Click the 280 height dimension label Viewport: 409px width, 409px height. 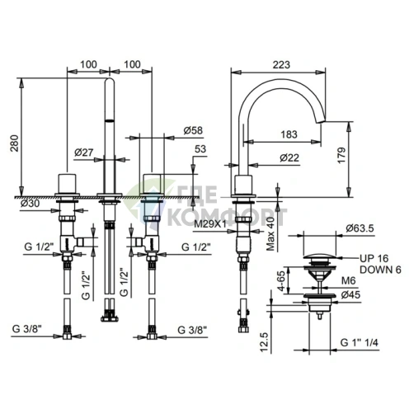pos(15,143)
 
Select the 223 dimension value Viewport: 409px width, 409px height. pos(281,64)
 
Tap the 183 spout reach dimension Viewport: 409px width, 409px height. pos(289,134)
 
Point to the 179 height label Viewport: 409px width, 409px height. pos(341,156)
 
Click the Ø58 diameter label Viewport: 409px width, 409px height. pos(193,130)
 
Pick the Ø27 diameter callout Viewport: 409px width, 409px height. pos(84,152)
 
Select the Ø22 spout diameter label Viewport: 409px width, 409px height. pos(289,157)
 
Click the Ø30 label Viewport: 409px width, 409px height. pos(31,204)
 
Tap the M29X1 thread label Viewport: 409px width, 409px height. pos(210,224)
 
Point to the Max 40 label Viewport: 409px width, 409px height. pos(271,234)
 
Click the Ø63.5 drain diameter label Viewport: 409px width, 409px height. pos(360,228)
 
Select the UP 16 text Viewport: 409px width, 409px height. pos(374,258)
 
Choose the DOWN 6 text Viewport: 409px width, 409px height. pos(380,270)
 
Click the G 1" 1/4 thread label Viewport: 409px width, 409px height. pos(360,342)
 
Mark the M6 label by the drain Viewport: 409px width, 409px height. pos(349,280)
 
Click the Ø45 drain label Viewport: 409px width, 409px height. pos(350,295)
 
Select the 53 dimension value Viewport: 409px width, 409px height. pos(200,148)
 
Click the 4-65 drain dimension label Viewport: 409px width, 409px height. pos(281,280)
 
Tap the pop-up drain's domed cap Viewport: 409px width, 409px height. pos(319,257)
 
